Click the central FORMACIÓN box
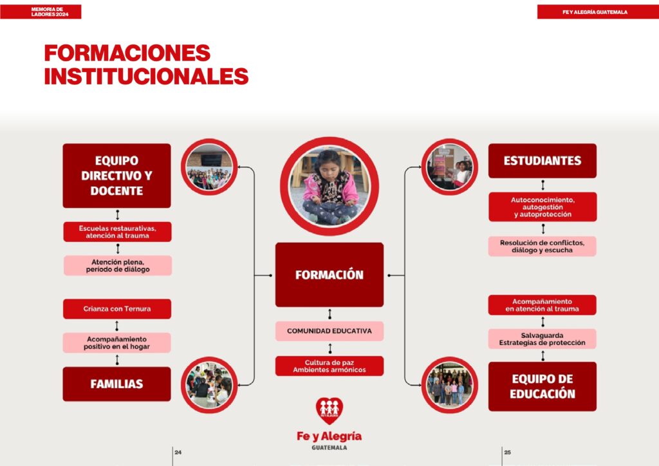point(329,275)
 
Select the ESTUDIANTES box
point(542,160)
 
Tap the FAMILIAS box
point(117,384)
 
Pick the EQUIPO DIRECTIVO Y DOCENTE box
point(117,176)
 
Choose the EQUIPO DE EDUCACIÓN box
point(542,387)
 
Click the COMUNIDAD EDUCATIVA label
point(329,331)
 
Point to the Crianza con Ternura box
point(117,309)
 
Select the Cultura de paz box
point(329,366)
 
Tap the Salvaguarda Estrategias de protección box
point(542,339)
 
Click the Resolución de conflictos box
point(542,247)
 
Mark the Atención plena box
point(118,266)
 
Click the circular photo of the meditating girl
point(329,186)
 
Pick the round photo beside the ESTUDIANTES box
point(450,167)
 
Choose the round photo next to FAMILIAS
point(209,385)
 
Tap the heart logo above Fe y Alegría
point(329,411)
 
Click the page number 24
point(178,452)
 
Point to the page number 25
point(508,452)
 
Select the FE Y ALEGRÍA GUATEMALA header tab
point(598,12)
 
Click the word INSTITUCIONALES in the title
point(146,76)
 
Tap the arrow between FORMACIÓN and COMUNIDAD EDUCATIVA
point(330,314)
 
